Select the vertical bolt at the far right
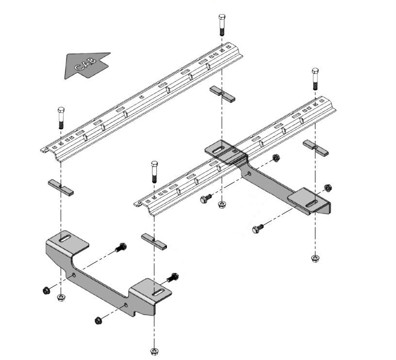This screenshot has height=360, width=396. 315,78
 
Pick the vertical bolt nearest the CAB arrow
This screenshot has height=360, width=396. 61,117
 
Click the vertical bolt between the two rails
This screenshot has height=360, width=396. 154,171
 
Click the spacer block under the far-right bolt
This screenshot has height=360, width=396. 316,147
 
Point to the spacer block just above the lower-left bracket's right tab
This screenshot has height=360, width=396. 154,241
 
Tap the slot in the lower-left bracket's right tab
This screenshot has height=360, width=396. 158,292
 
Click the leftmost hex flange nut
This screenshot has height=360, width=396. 46,291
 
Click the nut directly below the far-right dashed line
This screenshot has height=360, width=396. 315,258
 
